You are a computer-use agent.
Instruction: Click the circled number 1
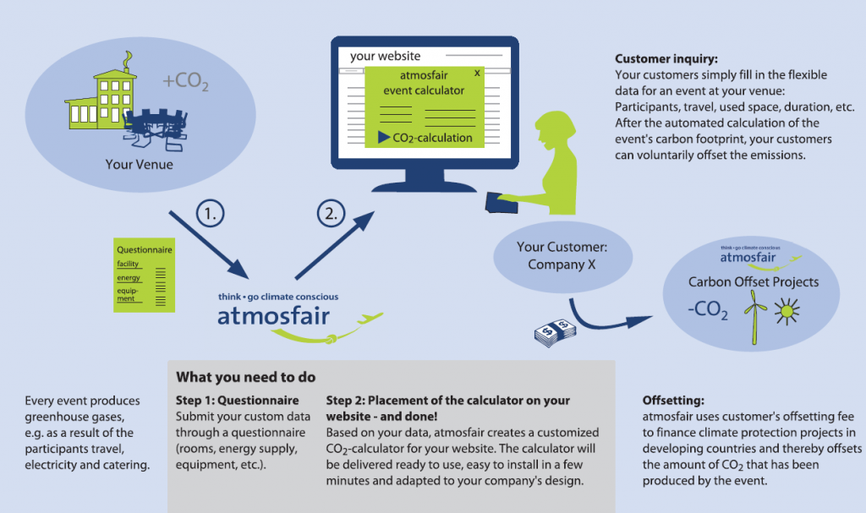(211, 213)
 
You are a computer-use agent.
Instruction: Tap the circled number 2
(331, 213)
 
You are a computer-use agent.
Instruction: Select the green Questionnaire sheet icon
(144, 275)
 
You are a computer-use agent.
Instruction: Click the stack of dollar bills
(555, 333)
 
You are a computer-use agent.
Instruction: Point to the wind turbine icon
(754, 316)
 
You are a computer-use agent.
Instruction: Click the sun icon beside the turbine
(787, 312)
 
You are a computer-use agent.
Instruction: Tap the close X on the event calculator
(477, 73)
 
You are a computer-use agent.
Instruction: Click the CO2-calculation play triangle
(384, 138)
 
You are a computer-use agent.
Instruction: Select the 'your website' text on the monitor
(385, 56)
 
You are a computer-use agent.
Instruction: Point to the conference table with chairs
(156, 129)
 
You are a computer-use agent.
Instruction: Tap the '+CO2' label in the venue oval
(185, 81)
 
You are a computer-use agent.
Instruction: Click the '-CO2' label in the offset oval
(708, 309)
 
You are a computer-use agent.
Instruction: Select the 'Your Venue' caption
(140, 165)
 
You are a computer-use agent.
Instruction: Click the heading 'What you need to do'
(246, 377)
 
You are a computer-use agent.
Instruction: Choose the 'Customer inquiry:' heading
(666, 58)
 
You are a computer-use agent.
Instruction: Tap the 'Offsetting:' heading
(673, 401)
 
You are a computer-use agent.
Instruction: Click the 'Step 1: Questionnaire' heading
(237, 401)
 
